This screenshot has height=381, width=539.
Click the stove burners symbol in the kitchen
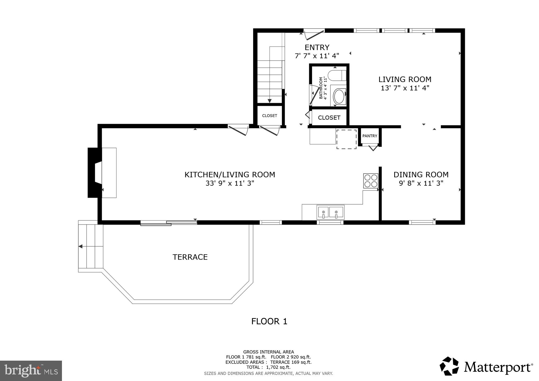pos(371,181)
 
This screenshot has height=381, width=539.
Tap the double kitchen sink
pos(330,212)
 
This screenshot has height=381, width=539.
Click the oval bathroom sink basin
pos(339,97)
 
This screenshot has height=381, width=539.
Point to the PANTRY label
pos(370,136)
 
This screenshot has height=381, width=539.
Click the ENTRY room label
pos(317,48)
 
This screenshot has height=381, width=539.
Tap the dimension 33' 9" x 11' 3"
pos(230,183)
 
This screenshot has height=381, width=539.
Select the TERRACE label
pos(190,257)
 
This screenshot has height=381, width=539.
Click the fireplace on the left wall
pos(95,173)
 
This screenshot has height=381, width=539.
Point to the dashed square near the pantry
pos(346,139)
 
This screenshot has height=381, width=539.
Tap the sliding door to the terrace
pos(169,223)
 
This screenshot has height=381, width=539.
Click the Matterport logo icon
pos(449,366)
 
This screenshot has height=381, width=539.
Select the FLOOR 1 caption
pos(269,321)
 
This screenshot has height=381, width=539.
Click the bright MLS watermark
pos(31,371)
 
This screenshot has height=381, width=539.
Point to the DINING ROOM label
pos(421,175)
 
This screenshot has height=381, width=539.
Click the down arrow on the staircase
pos(269,101)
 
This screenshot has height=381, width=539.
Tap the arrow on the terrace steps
pos(81,247)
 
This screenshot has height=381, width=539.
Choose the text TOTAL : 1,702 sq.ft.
pos(268,367)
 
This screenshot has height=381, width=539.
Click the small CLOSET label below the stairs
pos(269,116)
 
